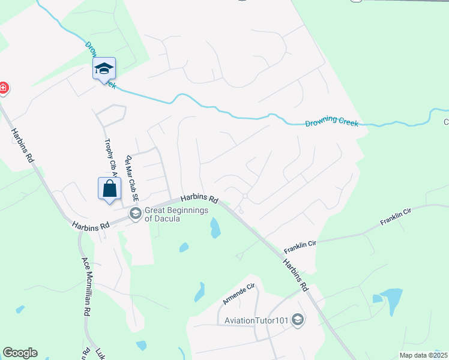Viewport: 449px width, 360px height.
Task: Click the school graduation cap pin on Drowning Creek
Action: point(104,69)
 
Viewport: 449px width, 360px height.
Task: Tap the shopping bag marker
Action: point(109,188)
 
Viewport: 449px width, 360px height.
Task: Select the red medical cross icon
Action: point(3,88)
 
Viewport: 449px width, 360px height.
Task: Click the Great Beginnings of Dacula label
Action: point(176,214)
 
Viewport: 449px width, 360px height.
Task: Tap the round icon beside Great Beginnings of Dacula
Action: point(135,214)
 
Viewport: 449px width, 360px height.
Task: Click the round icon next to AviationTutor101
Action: point(297,320)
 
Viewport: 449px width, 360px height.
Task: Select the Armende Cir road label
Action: point(240,293)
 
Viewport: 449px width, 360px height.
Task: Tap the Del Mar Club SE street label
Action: point(132,178)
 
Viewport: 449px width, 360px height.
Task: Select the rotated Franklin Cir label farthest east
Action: point(396,217)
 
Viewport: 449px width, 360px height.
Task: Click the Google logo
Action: point(20,353)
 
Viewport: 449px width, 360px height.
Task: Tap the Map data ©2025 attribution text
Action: point(423,355)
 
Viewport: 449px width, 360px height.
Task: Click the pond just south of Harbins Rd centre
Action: point(214,227)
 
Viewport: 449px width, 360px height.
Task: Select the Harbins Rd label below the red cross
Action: point(22,145)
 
